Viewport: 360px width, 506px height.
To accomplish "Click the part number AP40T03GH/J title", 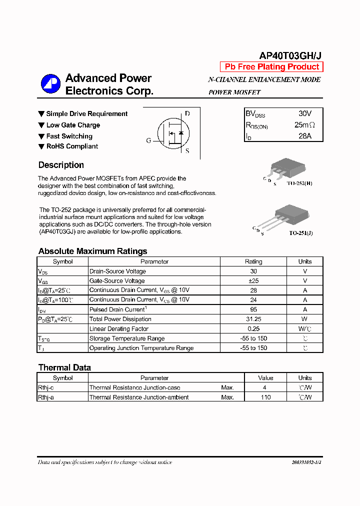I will [290, 56].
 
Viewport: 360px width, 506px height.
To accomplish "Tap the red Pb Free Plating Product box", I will [271, 67].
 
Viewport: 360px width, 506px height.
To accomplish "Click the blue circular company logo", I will [50, 84].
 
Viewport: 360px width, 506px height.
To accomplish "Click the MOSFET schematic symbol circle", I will [173, 133].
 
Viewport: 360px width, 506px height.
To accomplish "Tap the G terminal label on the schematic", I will [148, 140].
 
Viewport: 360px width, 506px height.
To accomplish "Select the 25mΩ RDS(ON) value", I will [304, 125].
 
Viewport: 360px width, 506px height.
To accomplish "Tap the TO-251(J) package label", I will [300, 233].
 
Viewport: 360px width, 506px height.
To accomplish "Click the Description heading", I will [61, 165].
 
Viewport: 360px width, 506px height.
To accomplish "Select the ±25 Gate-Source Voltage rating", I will [253, 281].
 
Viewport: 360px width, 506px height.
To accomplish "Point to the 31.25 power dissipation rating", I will [253, 319].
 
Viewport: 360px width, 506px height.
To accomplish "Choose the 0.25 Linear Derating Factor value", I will [253, 329].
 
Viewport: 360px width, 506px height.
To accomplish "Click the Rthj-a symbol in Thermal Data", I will [46, 397].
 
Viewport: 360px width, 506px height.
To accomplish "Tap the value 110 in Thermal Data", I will [265, 397].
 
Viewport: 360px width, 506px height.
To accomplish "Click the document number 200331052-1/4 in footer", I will [306, 462].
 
